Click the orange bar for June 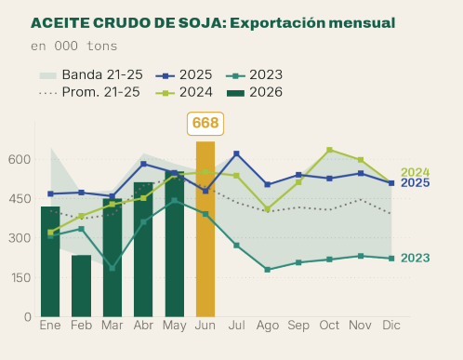(x=205, y=229)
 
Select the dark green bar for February (x=81, y=286)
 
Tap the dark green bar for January (x=50, y=261)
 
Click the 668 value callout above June (x=205, y=124)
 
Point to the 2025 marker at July (x=236, y=153)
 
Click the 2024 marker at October (x=329, y=150)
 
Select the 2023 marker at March (x=112, y=268)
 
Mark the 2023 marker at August (x=268, y=270)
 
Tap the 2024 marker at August (x=268, y=209)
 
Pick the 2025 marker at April (x=143, y=164)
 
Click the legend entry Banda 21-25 (x=91, y=75)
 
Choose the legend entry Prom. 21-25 (x=89, y=92)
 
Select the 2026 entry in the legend (x=255, y=92)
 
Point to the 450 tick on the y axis (x=20, y=199)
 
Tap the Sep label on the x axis (x=298, y=326)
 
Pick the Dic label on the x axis (x=391, y=326)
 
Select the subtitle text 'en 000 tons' (x=74, y=47)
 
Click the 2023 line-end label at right (x=416, y=258)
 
